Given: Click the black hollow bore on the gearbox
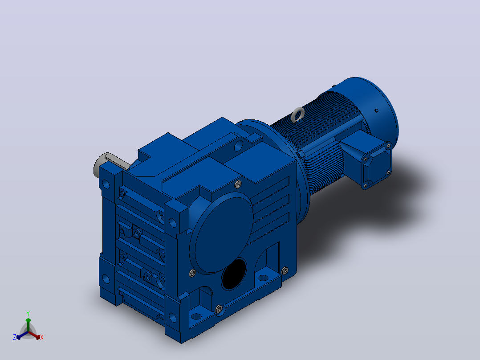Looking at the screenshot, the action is pyautogui.click(x=234, y=274).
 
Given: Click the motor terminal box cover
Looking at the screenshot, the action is pyautogui.click(x=377, y=165).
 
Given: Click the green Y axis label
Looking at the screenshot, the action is pyautogui.click(x=28, y=313).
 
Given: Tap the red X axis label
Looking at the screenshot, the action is pyautogui.click(x=42, y=337).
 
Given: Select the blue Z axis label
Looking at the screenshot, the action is pyautogui.click(x=14, y=337).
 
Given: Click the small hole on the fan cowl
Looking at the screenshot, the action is pyautogui.click(x=377, y=110).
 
